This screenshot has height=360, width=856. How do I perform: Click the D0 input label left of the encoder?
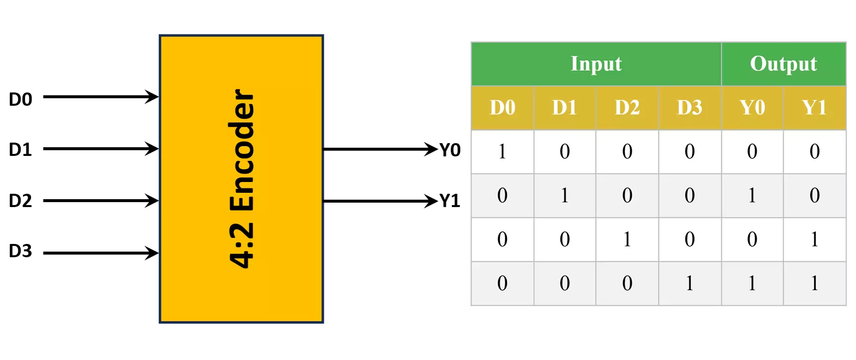coord(21,99)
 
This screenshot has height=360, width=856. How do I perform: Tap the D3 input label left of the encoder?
coord(21,251)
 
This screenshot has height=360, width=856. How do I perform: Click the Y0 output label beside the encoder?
coord(450,150)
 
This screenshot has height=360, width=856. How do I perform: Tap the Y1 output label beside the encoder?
coord(450,201)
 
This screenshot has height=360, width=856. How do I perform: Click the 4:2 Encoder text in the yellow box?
coord(242,179)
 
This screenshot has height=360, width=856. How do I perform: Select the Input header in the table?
coord(596,64)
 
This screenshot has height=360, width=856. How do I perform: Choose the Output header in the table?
coord(783,64)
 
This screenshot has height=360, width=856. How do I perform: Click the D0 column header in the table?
coord(502,108)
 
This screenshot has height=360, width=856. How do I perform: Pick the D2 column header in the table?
coord(627,108)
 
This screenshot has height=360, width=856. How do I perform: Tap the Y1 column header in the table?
coord(814,108)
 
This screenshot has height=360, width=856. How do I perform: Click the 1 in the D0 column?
coord(502,151)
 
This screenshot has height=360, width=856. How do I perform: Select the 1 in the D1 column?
coord(564,195)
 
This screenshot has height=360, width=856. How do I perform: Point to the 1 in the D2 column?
coord(627,239)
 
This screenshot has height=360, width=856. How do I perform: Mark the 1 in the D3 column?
coord(689,283)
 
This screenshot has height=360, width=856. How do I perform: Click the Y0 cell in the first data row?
coord(752,151)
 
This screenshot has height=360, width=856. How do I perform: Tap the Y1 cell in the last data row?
coord(814,283)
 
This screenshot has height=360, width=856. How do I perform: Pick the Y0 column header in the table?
coord(752,108)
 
